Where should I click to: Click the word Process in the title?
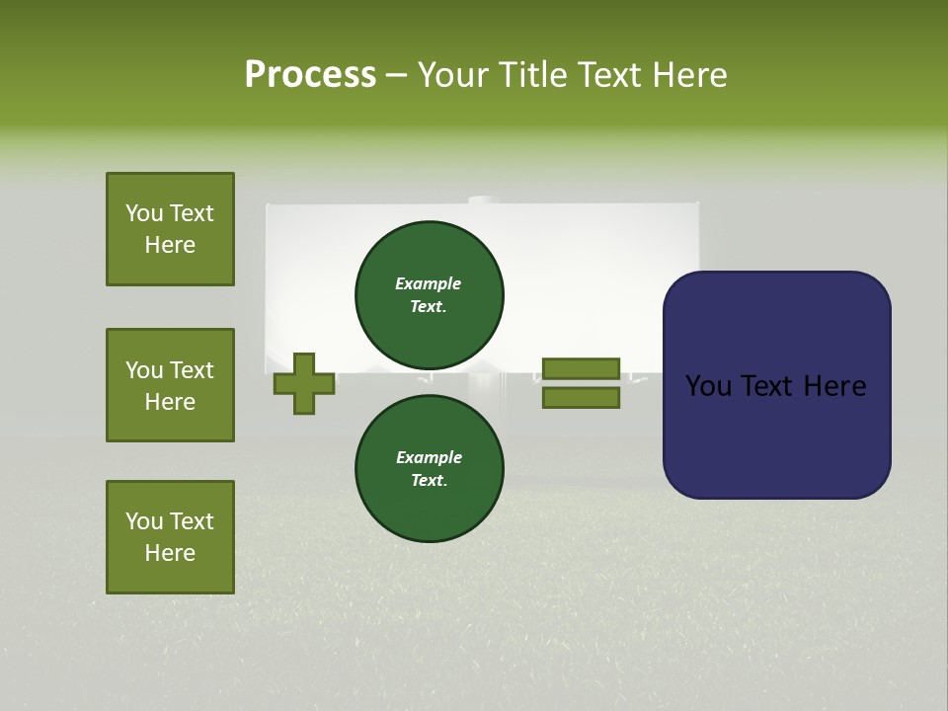click(x=310, y=75)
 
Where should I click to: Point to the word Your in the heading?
click(x=455, y=75)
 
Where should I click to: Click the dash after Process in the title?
click(x=397, y=77)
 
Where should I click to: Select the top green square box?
click(x=170, y=229)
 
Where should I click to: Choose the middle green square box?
click(x=170, y=385)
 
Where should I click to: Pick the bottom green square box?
click(x=170, y=537)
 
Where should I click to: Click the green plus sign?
click(x=304, y=384)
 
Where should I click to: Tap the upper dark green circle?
click(x=430, y=294)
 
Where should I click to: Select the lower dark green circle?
click(x=430, y=468)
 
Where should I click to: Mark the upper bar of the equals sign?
click(x=581, y=369)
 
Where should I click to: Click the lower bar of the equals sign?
click(x=581, y=398)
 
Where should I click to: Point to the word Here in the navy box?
click(x=833, y=386)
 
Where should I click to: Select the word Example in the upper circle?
click(x=429, y=283)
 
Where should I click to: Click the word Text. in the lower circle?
click(x=429, y=481)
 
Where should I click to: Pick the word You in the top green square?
click(x=144, y=213)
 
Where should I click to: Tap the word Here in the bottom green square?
click(x=170, y=553)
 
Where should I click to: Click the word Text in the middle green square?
click(x=192, y=370)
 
